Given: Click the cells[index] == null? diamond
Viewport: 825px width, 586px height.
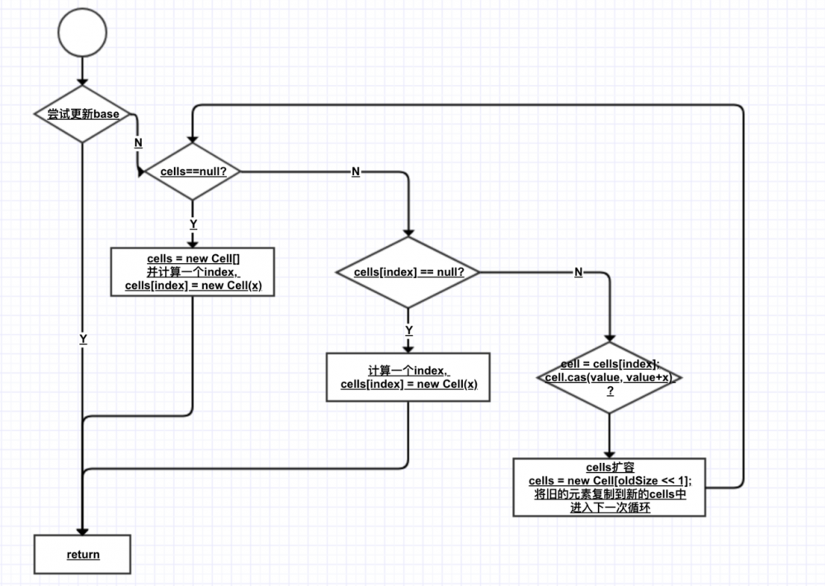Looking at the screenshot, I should click(408, 272).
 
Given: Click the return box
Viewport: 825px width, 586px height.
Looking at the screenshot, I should click(82, 554).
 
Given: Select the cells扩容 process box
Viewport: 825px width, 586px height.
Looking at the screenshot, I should click(609, 487).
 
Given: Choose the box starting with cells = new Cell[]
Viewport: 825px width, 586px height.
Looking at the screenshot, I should click(192, 273).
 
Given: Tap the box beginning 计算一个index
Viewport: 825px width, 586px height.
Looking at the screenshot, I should click(408, 377).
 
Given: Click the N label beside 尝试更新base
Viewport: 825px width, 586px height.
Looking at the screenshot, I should click(138, 142).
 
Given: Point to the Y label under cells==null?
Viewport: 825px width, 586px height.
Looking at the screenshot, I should click(192, 224).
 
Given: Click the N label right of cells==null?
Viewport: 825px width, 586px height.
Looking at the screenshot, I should click(356, 172).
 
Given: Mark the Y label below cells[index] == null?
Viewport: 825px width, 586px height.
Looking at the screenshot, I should click(408, 329).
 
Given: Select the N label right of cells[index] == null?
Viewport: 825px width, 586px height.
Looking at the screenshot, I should click(578, 272).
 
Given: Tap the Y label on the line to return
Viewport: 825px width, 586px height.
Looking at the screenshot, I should click(82, 339).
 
